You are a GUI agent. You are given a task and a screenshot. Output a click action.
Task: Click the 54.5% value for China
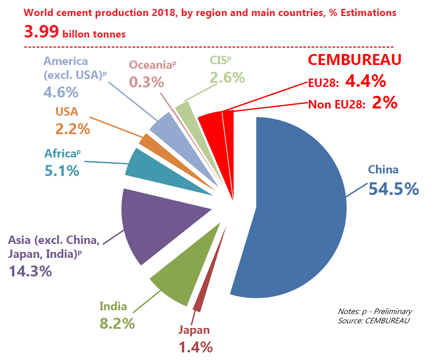pos(393,189)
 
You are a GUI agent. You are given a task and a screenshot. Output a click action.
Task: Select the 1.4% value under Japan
pos(196,347)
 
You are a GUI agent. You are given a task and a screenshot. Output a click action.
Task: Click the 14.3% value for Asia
pos(30,271)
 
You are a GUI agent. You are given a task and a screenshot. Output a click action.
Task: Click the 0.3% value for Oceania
pos(146,81)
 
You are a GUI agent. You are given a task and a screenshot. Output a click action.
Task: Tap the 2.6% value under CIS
pos(227,77)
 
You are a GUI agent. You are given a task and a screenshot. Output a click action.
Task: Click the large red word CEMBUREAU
pos(354,60)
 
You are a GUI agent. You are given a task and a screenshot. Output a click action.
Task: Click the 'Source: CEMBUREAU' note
pos(374,320)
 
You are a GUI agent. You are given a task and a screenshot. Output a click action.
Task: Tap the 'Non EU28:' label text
pos(336,104)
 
